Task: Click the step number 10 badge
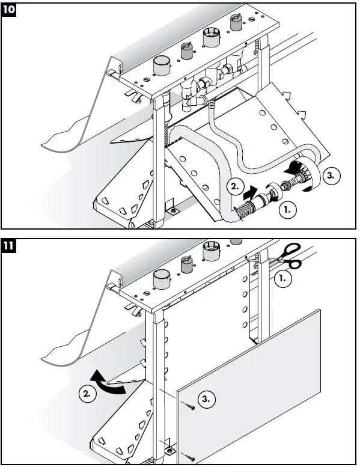click(x=8, y=10)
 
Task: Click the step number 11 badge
click(x=8, y=246)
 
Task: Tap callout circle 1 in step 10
click(x=288, y=210)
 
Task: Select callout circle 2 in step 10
click(x=235, y=187)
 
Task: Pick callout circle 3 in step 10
click(x=331, y=176)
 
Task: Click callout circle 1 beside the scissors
click(x=282, y=278)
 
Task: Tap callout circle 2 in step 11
click(x=87, y=394)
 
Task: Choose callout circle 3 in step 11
click(x=206, y=398)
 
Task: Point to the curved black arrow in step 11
click(x=107, y=383)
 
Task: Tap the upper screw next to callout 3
click(x=190, y=406)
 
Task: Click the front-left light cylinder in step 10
click(x=162, y=66)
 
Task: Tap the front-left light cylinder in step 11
click(x=162, y=279)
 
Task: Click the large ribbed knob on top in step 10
click(x=212, y=37)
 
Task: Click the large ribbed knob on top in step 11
click(x=212, y=251)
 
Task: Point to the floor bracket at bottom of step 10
click(x=173, y=212)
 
